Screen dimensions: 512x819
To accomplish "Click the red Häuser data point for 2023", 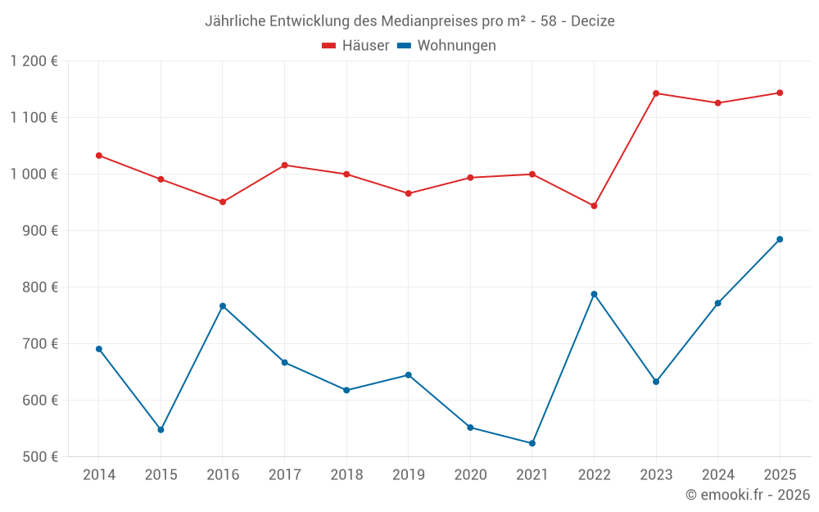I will coord(656,93).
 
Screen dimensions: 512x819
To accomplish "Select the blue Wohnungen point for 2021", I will coord(532,443).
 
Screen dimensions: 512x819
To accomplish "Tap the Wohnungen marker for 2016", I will coord(223,306).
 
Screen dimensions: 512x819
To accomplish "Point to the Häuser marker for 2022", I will coord(594,206).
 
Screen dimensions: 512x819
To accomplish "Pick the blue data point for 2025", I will coord(780,239).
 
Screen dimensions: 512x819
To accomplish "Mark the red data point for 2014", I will coord(99,156).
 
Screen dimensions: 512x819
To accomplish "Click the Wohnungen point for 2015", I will coord(161,429).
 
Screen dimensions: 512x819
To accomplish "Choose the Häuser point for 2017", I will coord(284,165).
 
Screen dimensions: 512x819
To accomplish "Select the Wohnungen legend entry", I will coord(447,46).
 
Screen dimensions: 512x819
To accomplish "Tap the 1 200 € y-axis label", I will coord(34,61).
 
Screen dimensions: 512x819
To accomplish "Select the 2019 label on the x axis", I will coord(408,475).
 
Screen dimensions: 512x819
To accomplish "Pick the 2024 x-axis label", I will coord(717,475).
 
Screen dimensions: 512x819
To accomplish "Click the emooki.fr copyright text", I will coord(747,495).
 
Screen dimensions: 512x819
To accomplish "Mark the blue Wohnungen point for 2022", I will coord(594,294).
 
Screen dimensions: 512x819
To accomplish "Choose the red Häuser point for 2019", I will coord(408,193).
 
